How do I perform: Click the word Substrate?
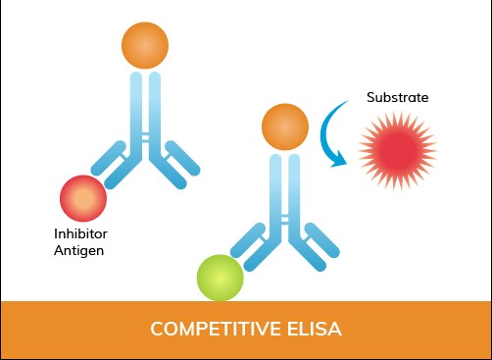tap(397, 98)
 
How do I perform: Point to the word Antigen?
tap(79, 251)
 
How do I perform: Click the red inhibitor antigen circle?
tap(84, 199)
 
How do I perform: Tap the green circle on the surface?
tap(220, 278)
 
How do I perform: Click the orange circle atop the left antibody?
tap(145, 45)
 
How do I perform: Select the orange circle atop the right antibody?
tap(285, 124)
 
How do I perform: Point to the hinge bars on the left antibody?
tap(145, 140)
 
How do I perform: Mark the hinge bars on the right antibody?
tap(285, 218)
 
